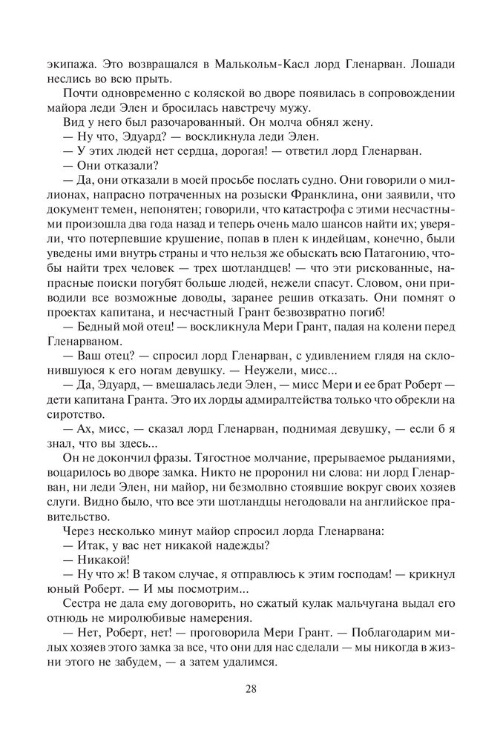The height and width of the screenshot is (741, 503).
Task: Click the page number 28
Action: click(251, 688)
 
